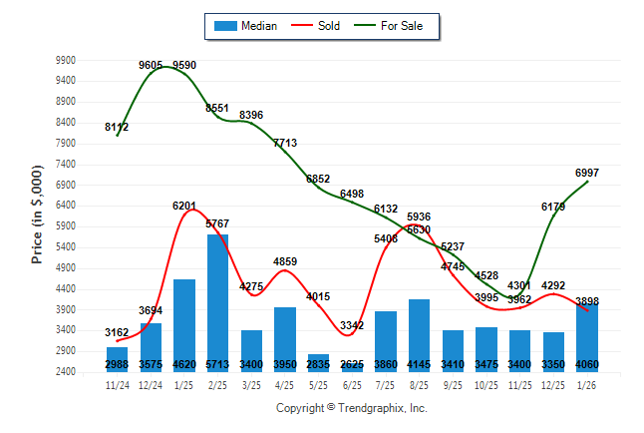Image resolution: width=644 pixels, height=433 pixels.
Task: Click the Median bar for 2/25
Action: (x=217, y=299)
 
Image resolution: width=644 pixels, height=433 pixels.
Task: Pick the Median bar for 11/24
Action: (x=117, y=356)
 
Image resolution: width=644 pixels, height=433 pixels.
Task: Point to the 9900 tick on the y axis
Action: (x=66, y=61)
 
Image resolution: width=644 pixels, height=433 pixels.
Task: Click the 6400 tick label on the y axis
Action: (x=66, y=206)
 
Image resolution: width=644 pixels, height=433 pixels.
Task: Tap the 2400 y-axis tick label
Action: (x=66, y=372)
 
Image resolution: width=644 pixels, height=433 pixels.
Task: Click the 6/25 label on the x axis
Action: (x=352, y=385)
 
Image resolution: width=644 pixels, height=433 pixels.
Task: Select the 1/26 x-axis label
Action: (x=587, y=385)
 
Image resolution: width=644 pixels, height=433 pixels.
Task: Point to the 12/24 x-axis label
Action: (x=151, y=385)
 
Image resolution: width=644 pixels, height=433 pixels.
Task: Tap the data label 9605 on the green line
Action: (x=152, y=65)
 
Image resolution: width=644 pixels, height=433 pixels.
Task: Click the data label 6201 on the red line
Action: (x=184, y=206)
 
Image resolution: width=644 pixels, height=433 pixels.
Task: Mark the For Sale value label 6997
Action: (x=587, y=173)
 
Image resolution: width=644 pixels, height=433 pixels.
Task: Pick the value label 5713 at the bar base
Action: (x=217, y=365)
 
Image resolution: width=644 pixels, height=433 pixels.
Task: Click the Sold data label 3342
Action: (x=352, y=326)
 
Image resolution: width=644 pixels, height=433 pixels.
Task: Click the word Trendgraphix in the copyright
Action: (x=373, y=408)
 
